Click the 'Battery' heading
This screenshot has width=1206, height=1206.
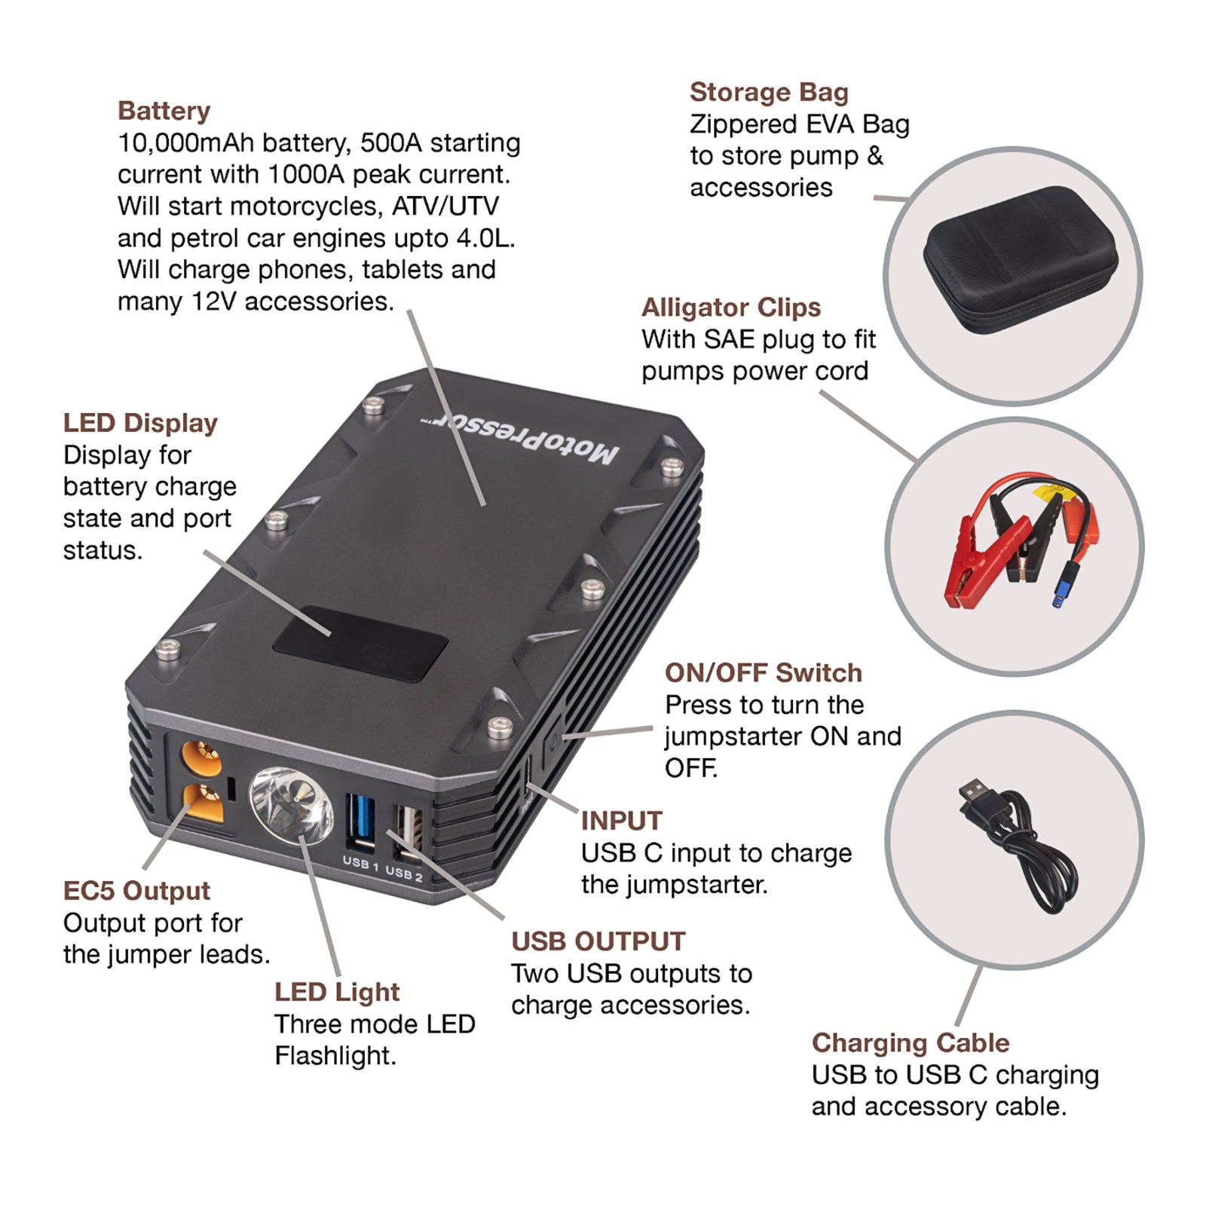(164, 111)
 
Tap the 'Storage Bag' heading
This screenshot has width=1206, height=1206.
(768, 92)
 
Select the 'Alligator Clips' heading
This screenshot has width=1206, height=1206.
(730, 308)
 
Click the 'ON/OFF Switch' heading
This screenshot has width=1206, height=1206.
(763, 672)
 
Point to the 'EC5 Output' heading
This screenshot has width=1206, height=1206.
(136, 890)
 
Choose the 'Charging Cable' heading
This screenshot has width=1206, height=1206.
(910, 1042)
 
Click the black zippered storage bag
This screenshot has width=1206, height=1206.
(1020, 260)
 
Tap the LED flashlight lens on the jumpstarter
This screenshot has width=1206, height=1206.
(290, 804)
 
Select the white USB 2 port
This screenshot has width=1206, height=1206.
(406, 832)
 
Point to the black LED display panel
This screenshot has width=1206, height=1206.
(360, 642)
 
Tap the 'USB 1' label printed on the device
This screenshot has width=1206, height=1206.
(360, 862)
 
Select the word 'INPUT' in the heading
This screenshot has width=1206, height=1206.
(621, 820)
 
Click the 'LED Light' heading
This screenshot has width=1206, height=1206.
(336, 992)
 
